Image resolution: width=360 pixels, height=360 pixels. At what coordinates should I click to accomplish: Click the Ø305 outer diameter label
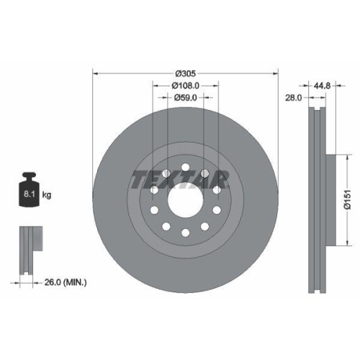click(186, 73)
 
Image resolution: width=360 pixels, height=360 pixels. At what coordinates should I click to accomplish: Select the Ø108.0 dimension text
click(186, 85)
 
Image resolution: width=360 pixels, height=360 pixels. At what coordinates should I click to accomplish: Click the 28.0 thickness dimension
click(293, 97)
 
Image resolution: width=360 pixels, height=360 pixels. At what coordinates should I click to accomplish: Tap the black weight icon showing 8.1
click(30, 192)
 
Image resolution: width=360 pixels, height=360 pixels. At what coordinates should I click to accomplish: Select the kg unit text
click(47, 195)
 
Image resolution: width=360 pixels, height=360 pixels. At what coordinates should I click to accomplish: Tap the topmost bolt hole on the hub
click(186, 167)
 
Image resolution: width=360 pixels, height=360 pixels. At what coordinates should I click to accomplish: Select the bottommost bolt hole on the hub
click(186, 233)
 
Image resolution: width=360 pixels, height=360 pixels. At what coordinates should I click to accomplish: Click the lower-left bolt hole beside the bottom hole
click(166, 226)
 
